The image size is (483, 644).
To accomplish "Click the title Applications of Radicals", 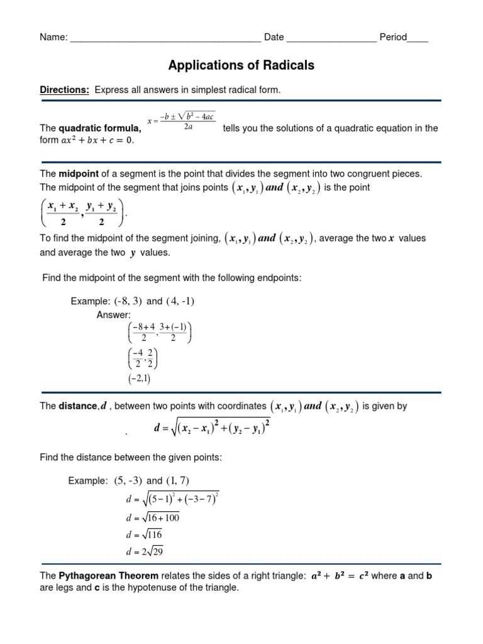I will coord(241,65).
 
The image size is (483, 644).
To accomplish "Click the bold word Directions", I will coord(65,90).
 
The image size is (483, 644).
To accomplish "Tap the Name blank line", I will coord(165,38).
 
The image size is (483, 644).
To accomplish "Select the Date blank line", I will coord(331,38).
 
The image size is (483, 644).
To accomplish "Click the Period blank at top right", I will coord(418,38).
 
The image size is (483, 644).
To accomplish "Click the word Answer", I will coord(114,315).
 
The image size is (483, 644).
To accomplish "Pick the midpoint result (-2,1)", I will coord(139,379).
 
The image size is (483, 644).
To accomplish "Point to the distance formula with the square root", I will coord(212,428).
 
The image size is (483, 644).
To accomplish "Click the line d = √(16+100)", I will coord(153,518).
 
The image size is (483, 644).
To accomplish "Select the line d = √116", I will coord(144,535).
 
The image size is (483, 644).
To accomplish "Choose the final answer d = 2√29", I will coord(145,552).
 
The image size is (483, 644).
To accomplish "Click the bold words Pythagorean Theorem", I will coord(109,576).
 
